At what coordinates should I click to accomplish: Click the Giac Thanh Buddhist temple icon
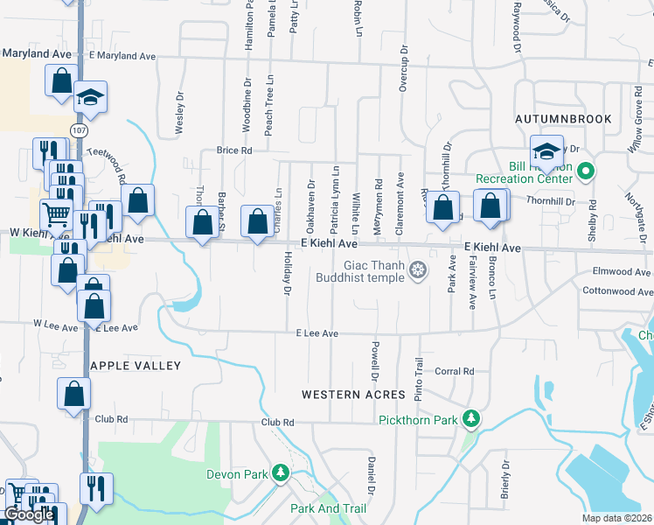coord(419,269)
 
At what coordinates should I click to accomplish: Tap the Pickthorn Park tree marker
coord(471,419)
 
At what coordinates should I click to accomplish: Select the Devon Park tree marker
coord(280,474)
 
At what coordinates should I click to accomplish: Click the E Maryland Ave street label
coord(122,56)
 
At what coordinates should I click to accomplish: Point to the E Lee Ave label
coord(317,333)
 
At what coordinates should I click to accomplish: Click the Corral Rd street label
coord(454,371)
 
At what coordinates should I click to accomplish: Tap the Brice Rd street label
coord(234,150)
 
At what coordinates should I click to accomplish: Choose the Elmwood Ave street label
coord(623,271)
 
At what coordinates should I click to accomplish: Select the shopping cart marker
coord(56,213)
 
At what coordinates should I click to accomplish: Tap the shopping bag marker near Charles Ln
coord(258,222)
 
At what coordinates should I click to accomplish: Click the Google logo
coord(29,515)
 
